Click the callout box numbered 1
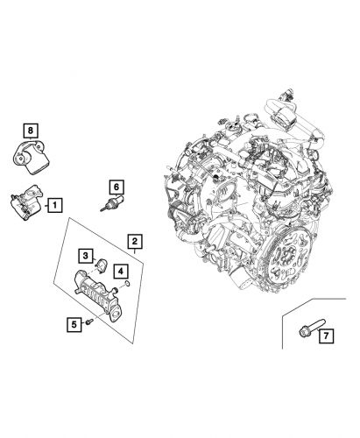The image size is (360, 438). [x=53, y=206]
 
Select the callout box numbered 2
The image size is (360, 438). [x=134, y=240]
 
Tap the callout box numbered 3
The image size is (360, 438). [x=84, y=255]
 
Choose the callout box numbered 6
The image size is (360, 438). [x=114, y=187]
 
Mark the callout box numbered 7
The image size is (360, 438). [x=324, y=336]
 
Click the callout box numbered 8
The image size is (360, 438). [x=32, y=132]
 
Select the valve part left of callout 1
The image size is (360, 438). [x=24, y=207]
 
